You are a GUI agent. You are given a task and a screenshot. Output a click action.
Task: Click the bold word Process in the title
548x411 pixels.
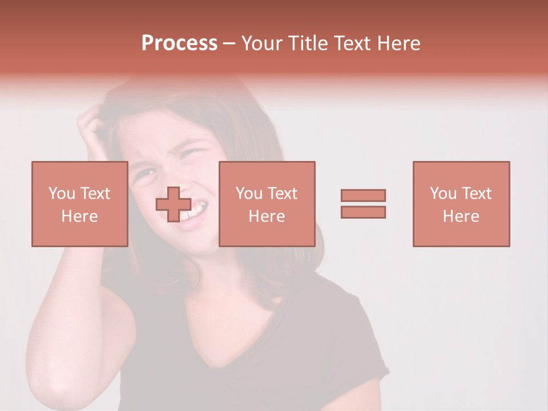click(179, 43)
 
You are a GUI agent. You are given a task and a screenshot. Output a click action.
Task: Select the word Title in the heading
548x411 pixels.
click(306, 43)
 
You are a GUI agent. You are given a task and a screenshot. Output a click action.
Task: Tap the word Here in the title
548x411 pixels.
click(399, 43)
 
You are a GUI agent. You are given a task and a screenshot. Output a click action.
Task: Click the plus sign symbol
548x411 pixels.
click(174, 204)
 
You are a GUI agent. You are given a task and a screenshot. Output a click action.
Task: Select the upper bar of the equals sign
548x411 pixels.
click(363, 195)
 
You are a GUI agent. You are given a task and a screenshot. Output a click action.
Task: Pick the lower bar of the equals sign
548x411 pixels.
click(363, 212)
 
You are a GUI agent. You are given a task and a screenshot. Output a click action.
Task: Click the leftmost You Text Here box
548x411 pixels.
click(79, 204)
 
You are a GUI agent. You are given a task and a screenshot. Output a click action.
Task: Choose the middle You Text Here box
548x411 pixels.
click(267, 204)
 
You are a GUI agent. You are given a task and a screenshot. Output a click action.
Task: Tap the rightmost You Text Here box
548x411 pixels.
click(461, 204)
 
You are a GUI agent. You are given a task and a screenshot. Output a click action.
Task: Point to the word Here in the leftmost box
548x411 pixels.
click(79, 216)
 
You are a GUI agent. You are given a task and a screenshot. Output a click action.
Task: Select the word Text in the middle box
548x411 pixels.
click(283, 194)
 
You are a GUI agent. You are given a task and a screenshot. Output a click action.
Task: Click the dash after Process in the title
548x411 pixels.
click(229, 43)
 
